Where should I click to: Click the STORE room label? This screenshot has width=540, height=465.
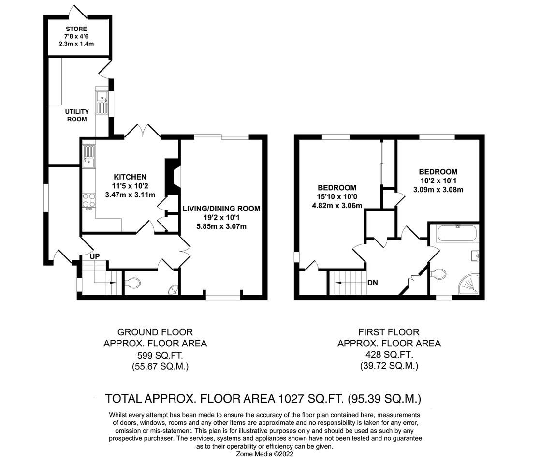pos(77,29)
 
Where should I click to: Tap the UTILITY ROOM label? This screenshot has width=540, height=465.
pos(77,115)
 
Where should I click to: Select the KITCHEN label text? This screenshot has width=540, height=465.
pos(130,177)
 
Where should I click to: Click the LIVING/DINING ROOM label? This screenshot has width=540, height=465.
pos(221,209)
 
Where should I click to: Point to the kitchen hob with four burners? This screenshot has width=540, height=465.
pos(88,200)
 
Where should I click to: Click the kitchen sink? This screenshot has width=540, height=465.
pos(88,156)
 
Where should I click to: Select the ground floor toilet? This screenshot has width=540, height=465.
pos(132,283)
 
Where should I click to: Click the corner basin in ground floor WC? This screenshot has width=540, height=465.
pos(173,289)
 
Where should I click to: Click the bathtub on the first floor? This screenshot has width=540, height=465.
pos(456,234)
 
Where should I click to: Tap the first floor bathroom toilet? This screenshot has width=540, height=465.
pos(438,274)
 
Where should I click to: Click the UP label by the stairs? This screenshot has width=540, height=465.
pos(94,256)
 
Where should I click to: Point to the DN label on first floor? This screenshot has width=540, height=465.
pos(373,282)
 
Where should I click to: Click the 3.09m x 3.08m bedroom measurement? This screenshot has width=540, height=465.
pos(438,190)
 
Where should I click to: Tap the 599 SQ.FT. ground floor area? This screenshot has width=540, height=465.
pos(155,355)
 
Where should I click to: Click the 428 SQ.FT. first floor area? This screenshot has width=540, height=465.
pos(389,355)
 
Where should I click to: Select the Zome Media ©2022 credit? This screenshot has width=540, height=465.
pos(264,454)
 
